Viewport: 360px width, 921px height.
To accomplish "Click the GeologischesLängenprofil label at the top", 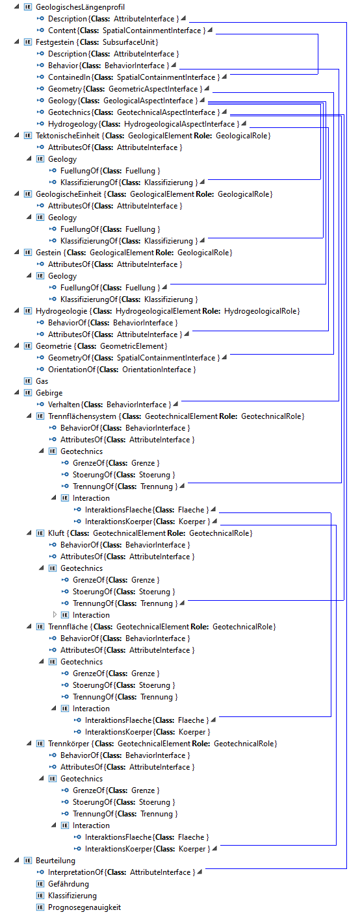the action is click(80, 7).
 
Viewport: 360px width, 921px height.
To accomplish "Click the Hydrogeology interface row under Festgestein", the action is click(144, 124).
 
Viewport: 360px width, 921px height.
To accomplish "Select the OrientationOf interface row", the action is click(122, 369).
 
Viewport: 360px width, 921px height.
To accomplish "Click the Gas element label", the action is click(42, 381).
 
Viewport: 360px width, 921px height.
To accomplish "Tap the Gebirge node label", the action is click(49, 393).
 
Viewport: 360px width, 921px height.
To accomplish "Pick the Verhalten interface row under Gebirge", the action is click(109, 405).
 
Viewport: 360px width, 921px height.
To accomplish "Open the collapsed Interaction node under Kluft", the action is click(55, 614).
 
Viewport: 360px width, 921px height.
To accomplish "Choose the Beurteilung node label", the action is click(55, 860).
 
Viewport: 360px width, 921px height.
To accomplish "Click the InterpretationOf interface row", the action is click(122, 872).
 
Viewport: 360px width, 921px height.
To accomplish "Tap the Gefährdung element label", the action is click(68, 883).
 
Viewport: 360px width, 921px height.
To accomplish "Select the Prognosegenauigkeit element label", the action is click(84, 907).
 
